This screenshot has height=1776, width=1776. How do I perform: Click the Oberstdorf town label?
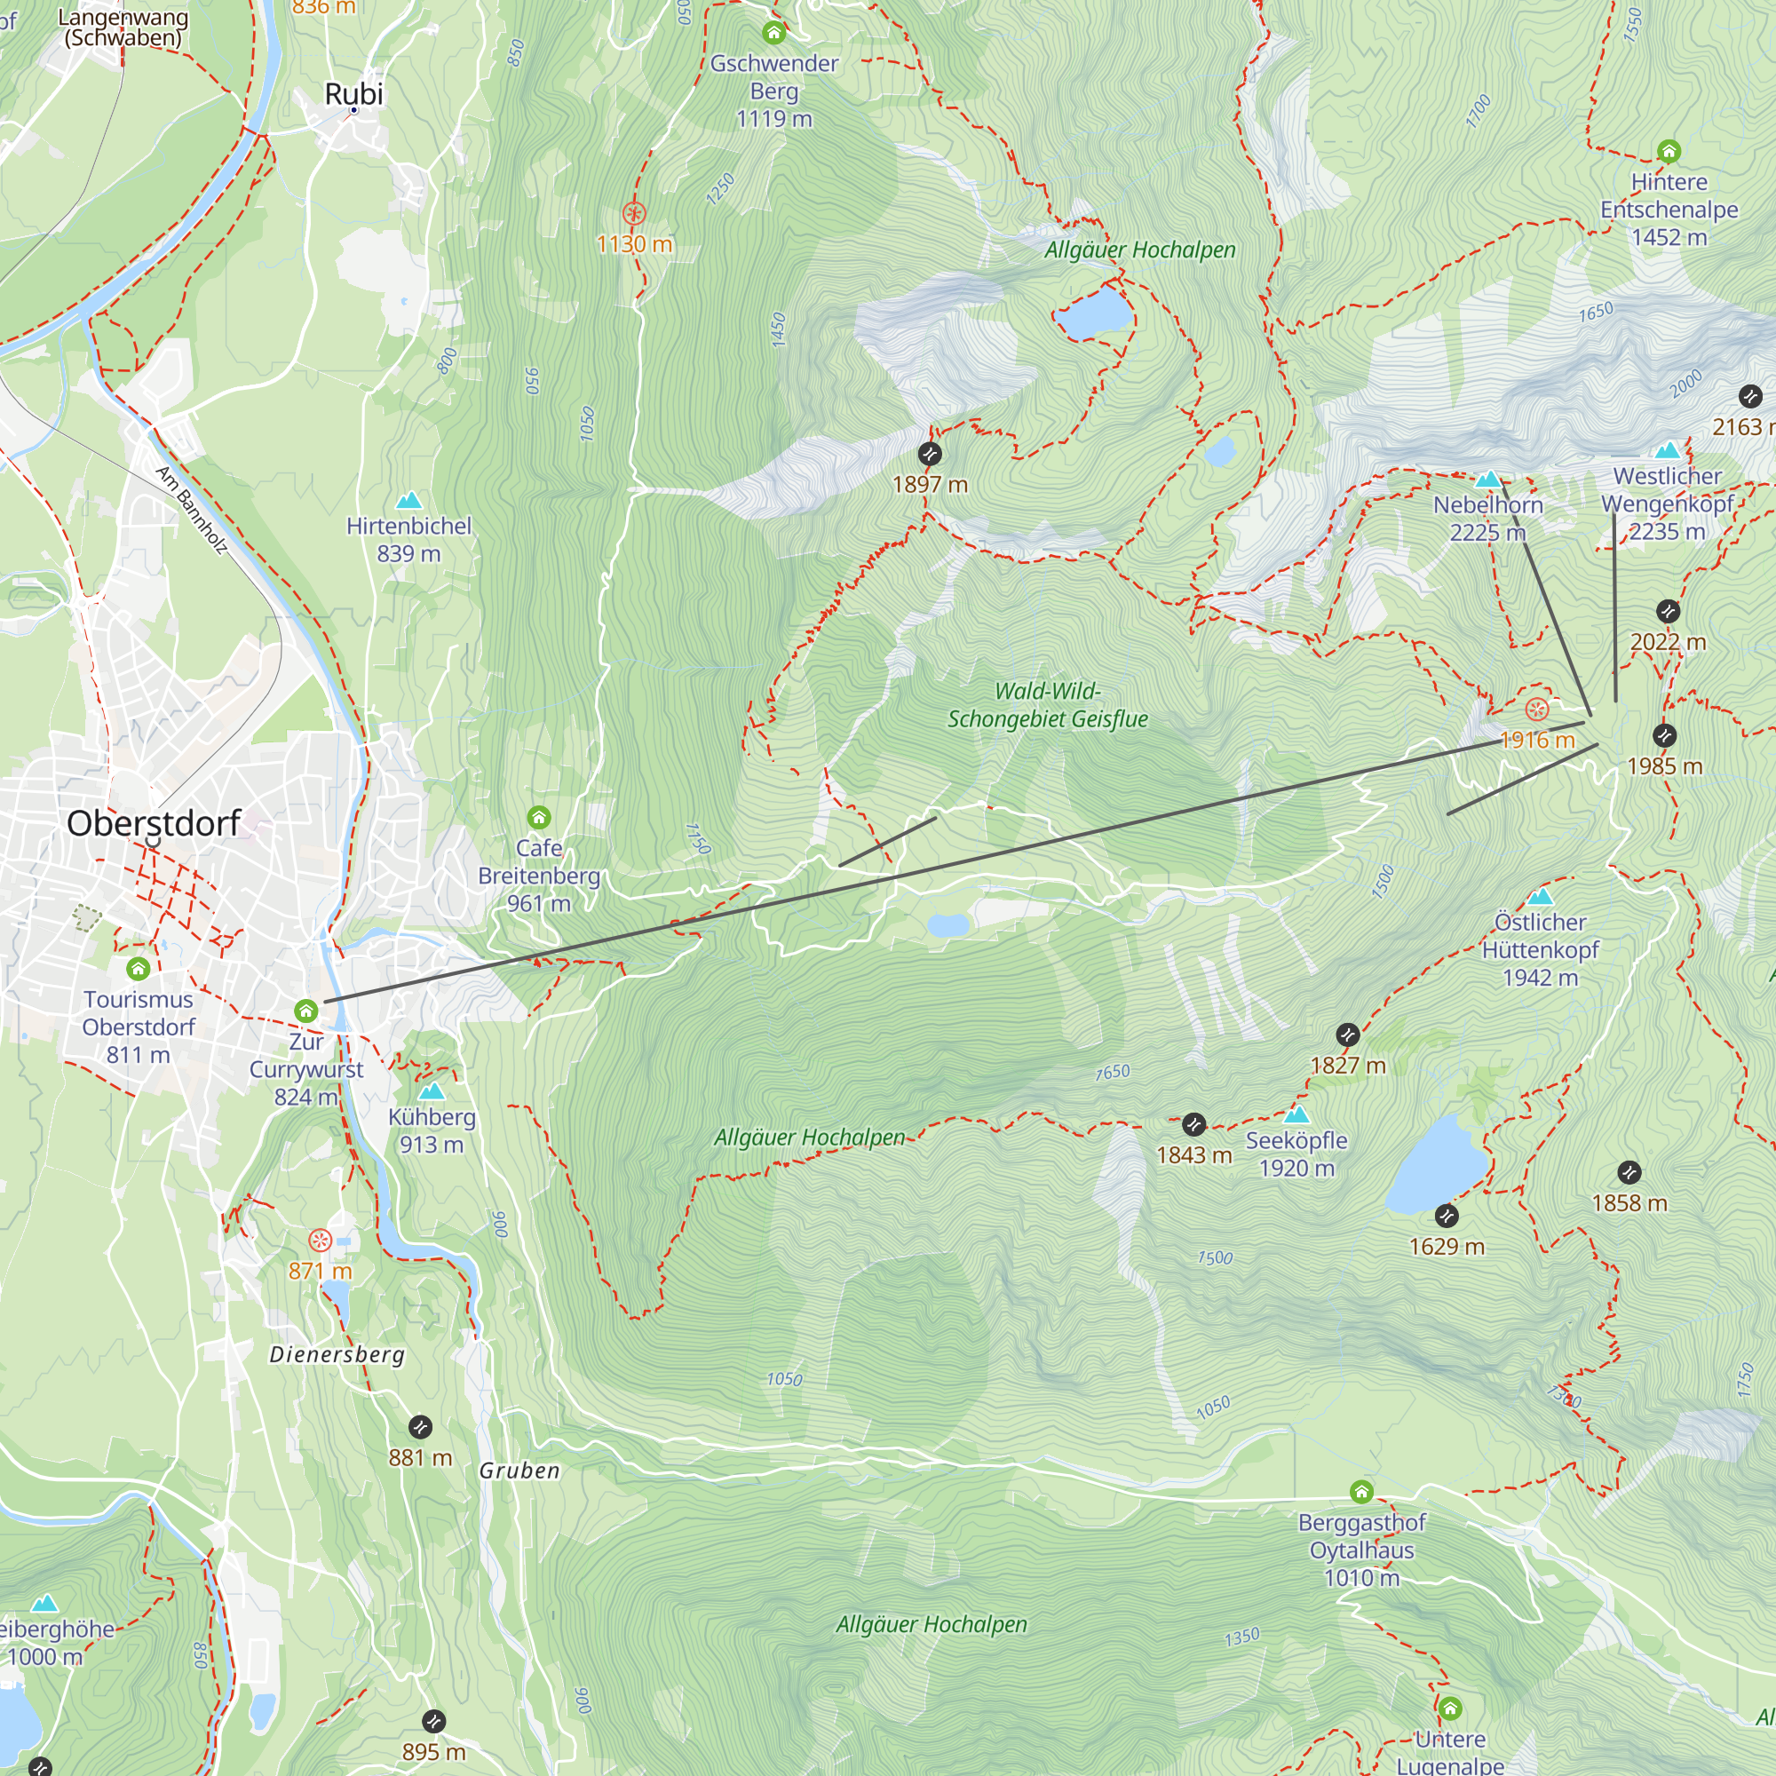click(x=154, y=823)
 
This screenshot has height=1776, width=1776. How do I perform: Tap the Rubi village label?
click(x=354, y=94)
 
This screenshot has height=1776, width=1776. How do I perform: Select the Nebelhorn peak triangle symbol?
click(x=1487, y=479)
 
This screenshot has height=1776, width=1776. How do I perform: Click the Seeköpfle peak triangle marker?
click(x=1296, y=1115)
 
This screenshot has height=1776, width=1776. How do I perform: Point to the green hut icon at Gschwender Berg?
click(x=773, y=33)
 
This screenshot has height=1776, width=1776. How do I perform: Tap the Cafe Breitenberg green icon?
click(x=539, y=817)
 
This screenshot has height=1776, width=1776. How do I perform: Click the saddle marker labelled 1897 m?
click(x=930, y=453)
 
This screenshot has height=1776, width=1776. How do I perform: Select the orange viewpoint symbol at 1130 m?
click(x=633, y=214)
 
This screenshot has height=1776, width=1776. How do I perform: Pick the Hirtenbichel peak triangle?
click(x=408, y=500)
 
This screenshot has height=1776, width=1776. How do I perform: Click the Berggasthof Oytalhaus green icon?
click(x=1361, y=1491)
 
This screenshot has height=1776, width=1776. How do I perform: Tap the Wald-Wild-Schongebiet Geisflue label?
click(x=1047, y=705)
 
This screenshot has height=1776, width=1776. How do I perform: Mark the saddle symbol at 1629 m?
click(x=1446, y=1217)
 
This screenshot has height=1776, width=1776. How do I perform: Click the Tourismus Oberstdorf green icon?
click(x=138, y=968)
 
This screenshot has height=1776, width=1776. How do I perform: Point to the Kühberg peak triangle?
click(x=432, y=1091)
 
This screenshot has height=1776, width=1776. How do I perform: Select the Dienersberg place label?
click(x=337, y=1355)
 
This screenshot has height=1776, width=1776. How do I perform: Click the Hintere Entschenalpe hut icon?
click(x=1669, y=151)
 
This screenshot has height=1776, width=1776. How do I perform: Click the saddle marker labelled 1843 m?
click(x=1193, y=1124)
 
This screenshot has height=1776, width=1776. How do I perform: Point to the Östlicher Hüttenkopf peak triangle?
click(x=1540, y=896)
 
